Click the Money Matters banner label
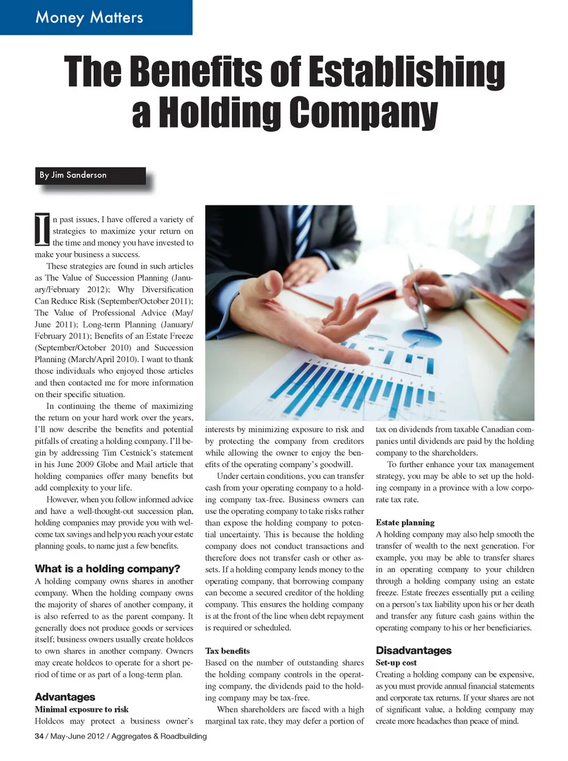89,17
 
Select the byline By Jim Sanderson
73,175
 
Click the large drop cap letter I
42,230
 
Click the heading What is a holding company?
107,569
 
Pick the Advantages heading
65,697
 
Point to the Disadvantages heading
414,650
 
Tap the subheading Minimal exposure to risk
82,709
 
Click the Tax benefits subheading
227,651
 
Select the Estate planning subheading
405,523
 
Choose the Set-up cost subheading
396,663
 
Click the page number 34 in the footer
39,736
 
